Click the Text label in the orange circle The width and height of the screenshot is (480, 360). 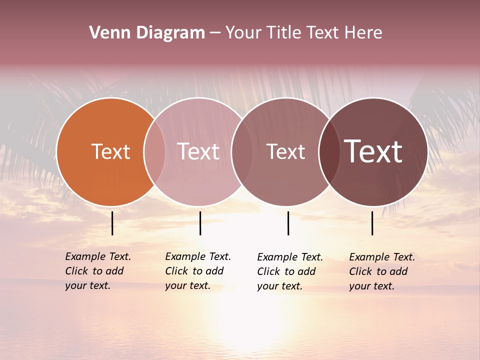[x=110, y=152]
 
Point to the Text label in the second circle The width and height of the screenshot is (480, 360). [x=198, y=152]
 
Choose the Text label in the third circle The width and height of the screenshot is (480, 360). [x=285, y=152]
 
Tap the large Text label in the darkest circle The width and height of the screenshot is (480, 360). [x=373, y=151]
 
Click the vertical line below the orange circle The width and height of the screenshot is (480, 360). [x=112, y=223]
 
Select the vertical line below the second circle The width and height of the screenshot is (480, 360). [x=200, y=223]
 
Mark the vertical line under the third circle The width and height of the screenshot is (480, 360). [x=288, y=223]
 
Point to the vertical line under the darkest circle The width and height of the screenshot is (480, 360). [x=372, y=223]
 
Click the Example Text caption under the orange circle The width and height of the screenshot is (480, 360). [x=98, y=271]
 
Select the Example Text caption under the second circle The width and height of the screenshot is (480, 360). [x=198, y=271]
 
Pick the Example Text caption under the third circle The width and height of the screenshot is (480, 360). [x=290, y=271]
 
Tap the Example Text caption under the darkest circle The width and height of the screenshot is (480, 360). [x=382, y=271]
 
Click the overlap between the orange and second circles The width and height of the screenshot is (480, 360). [x=154, y=152]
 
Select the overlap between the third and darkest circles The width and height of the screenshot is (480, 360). [x=329, y=152]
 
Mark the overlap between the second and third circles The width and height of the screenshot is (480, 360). [x=242, y=152]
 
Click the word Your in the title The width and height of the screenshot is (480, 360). [x=243, y=33]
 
